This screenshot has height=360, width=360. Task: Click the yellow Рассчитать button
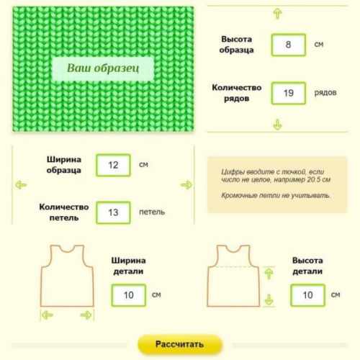coord(180,344)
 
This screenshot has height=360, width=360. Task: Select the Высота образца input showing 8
coord(289,45)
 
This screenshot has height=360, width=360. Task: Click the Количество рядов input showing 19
coord(289,93)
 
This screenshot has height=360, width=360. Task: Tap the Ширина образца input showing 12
coord(113,166)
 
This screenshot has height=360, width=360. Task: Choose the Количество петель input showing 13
coord(113,212)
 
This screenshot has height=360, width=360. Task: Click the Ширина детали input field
coord(129,295)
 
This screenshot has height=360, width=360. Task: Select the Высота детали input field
coord(307,295)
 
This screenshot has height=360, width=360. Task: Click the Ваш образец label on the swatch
coord(103,68)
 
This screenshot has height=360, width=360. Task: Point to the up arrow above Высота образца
coord(278,14)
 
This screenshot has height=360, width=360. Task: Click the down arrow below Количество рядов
coord(278,125)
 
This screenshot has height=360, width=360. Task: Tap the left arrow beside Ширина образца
coord(21,185)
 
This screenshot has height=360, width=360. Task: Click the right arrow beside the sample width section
coord(186,185)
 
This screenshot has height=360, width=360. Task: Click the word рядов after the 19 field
coord(325,93)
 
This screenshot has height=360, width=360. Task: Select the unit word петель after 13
coord(152,212)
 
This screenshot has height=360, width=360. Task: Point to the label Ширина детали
coord(128,266)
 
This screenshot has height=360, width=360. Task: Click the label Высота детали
coord(307,266)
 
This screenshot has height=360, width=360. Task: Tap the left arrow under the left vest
coord(48,315)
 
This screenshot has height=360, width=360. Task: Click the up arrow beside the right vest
coord(269,274)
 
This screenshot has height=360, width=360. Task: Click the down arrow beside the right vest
coord(269,300)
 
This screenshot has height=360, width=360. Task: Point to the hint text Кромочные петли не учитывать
coord(276,196)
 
